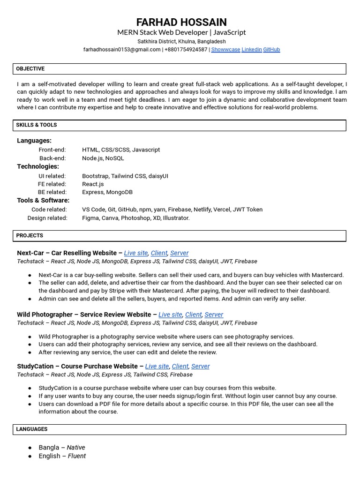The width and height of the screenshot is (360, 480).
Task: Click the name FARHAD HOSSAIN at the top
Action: pyautogui.click(x=181, y=22)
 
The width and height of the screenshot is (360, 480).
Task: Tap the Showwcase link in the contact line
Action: pyautogui.click(x=225, y=49)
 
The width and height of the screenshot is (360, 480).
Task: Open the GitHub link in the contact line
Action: pyautogui.click(x=271, y=49)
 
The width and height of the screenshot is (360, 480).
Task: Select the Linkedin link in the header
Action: pyautogui.click(x=252, y=49)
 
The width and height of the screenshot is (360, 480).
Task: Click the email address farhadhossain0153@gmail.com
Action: pyautogui.click(x=122, y=49)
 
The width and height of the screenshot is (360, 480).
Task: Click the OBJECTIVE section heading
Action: pyautogui.click(x=30, y=69)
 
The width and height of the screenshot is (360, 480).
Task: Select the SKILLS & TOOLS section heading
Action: pyautogui.click(x=37, y=125)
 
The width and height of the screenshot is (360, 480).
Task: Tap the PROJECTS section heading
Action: pyautogui.click(x=30, y=236)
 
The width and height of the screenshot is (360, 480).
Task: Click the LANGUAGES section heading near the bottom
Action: pyautogui.click(x=32, y=429)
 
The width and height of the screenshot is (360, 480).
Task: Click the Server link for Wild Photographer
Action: pyautogui.click(x=214, y=315)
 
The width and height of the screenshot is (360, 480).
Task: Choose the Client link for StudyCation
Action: pyautogui.click(x=180, y=366)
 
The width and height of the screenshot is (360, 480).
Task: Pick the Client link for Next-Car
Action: pyautogui.click(x=159, y=253)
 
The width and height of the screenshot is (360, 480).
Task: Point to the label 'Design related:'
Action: pyautogui.click(x=47, y=218)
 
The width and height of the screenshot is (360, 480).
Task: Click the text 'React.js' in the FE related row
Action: pyautogui.click(x=93, y=184)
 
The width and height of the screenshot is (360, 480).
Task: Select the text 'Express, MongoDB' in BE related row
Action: pyautogui.click(x=107, y=192)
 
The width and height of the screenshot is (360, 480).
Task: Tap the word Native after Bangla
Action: pyautogui.click(x=76, y=448)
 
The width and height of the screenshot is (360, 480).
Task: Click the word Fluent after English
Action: pyautogui.click(x=77, y=456)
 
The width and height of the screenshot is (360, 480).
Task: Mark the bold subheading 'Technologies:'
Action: pyautogui.click(x=38, y=166)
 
